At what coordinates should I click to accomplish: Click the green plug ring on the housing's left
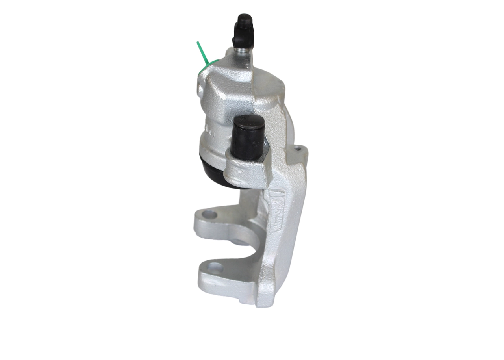(208, 66)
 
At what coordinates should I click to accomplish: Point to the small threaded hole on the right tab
(298, 149)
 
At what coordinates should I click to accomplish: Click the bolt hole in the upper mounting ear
(209, 215)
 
